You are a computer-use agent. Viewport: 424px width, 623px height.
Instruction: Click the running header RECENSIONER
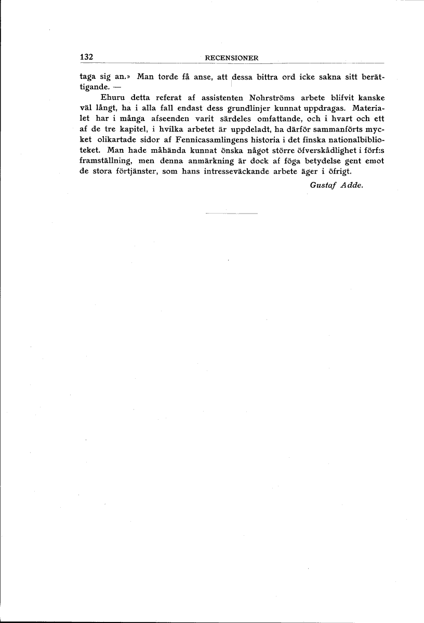(x=232, y=58)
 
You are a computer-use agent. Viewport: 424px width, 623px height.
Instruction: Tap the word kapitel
(x=129, y=130)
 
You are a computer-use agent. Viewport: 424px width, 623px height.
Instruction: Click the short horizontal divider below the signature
(x=232, y=214)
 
